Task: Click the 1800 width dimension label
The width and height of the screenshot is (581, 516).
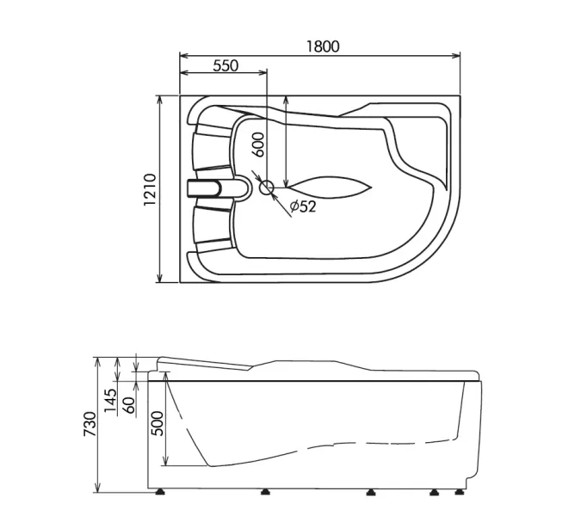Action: tap(321, 46)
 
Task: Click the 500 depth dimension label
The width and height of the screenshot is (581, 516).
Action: tap(158, 422)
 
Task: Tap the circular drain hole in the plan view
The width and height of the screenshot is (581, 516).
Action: tap(267, 187)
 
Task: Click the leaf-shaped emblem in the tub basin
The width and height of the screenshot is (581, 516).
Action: tap(327, 187)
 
